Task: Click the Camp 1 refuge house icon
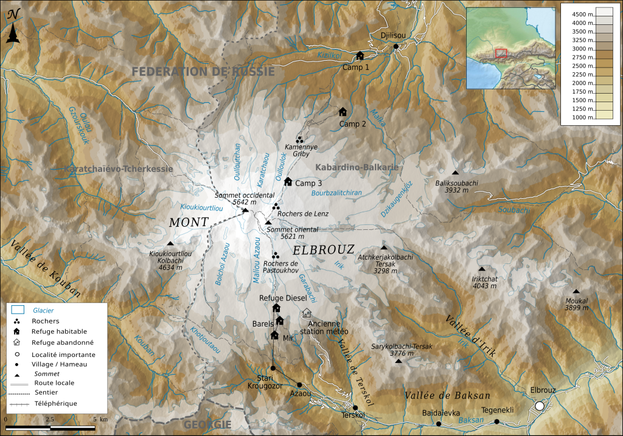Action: [360, 55]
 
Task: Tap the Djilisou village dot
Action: [396, 46]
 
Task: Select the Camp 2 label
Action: [352, 124]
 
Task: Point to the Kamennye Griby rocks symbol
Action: [299, 140]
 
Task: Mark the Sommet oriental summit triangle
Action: [268, 223]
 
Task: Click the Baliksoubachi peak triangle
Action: [455, 173]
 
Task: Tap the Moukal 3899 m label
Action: [576, 305]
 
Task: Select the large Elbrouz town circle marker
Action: [539, 406]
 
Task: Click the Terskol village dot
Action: [355, 408]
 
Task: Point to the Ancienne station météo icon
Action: [307, 314]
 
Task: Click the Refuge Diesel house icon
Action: [276, 308]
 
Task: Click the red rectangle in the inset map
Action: [501, 53]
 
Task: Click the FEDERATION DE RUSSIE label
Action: [204, 71]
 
